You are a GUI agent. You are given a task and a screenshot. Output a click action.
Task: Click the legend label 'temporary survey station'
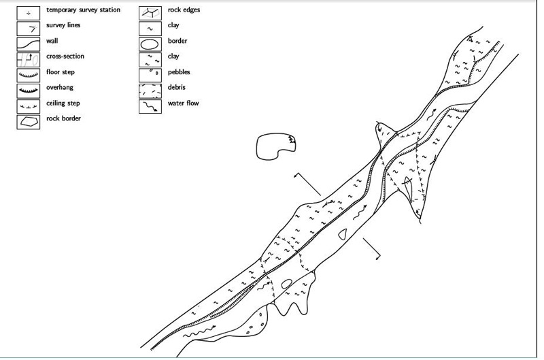[x=83, y=10]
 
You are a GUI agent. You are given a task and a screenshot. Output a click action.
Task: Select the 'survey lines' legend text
[x=63, y=25]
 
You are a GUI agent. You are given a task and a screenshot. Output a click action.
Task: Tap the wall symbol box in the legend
[x=29, y=44]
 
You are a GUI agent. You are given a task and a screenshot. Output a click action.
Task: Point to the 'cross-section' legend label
[x=65, y=56]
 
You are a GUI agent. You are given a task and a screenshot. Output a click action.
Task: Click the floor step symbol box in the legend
[x=29, y=75]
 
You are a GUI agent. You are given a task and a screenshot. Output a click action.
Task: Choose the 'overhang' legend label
[x=60, y=88]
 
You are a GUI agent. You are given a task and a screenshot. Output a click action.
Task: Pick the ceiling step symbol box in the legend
[x=29, y=106]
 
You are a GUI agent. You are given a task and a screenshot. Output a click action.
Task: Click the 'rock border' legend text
[x=63, y=118]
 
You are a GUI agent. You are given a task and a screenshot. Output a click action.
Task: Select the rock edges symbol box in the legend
[x=150, y=13]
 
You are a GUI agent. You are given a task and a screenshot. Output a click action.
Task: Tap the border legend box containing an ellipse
[x=150, y=44]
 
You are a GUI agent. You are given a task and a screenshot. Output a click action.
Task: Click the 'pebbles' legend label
[x=179, y=72]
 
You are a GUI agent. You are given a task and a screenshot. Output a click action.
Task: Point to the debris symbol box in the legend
[x=150, y=91]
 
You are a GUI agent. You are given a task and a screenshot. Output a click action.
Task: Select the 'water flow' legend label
[x=183, y=103]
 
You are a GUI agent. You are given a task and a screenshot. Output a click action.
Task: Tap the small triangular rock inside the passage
[x=343, y=234]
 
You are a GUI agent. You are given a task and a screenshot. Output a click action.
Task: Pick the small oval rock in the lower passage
[x=286, y=284]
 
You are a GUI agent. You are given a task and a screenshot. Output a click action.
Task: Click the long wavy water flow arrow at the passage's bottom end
[x=199, y=331]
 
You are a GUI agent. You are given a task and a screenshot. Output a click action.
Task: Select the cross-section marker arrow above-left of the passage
[x=307, y=184]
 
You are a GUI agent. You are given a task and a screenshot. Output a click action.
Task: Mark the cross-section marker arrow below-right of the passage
[x=371, y=248]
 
